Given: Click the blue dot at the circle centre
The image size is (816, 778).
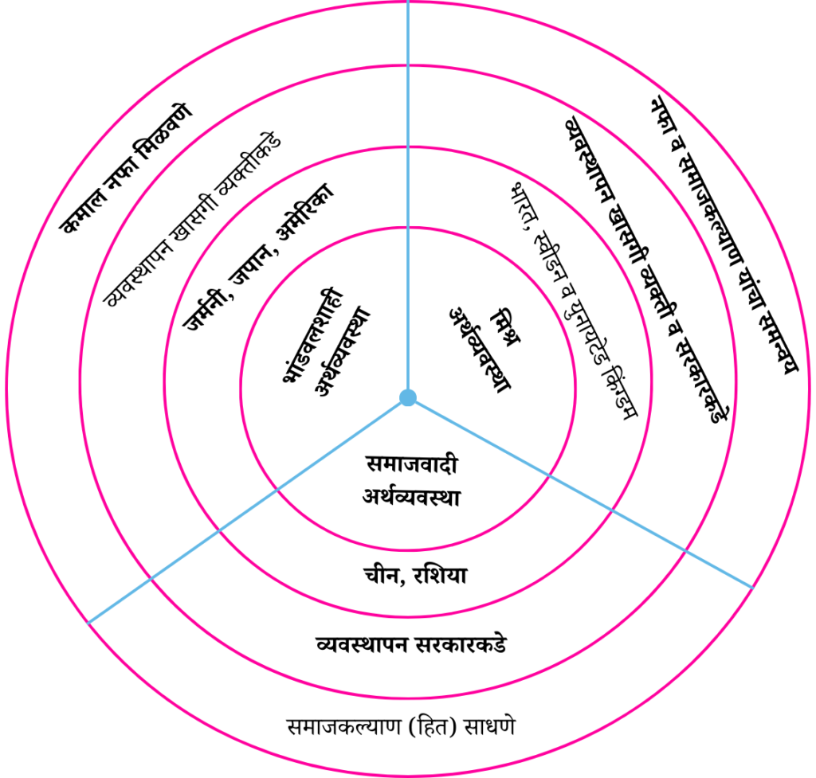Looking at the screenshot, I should [x=407, y=397].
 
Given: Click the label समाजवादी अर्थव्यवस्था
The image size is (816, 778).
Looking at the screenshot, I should [x=409, y=481].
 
